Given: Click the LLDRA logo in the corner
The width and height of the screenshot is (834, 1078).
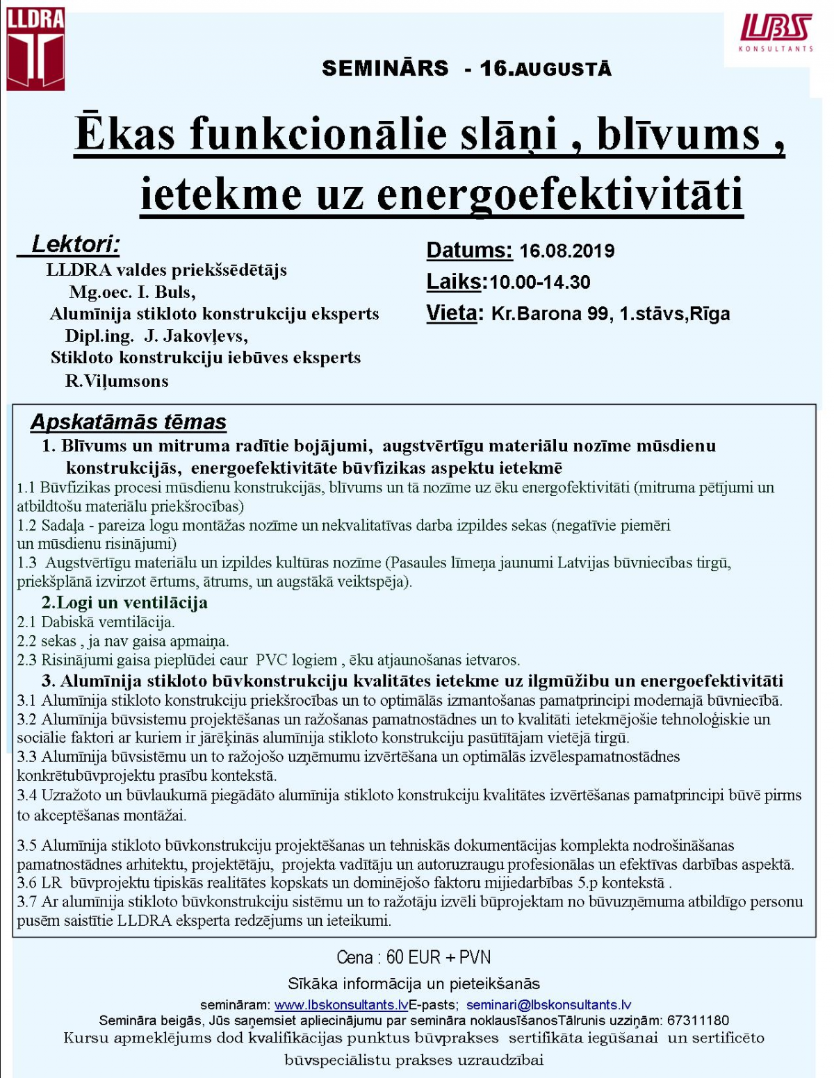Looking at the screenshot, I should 35,49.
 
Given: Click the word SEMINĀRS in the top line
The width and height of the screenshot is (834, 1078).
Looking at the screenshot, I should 385,68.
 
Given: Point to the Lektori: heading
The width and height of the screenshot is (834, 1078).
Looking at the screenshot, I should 76,244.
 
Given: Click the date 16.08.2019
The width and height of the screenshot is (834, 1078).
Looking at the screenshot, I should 566,251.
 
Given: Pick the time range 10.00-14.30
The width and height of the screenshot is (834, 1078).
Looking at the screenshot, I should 539,282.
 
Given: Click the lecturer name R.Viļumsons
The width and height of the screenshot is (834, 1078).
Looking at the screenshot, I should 117,381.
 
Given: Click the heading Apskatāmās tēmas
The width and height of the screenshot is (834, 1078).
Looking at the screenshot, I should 129,422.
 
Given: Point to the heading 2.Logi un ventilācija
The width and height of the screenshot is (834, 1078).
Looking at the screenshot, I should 124,602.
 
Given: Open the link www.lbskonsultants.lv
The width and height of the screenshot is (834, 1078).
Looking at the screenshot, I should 341,1004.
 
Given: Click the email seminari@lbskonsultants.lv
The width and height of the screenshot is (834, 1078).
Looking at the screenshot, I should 548,1004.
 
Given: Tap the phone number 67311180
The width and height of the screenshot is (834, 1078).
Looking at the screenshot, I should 698,1020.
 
